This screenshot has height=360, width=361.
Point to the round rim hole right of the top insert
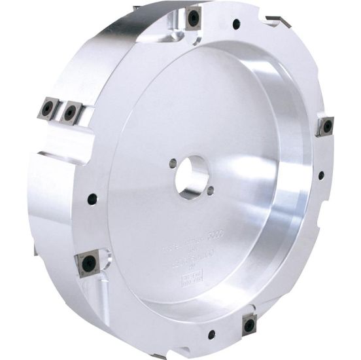pos(236,24)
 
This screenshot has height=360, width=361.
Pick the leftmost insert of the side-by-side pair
pos(48,108)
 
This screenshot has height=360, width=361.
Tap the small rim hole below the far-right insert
pos(320,175)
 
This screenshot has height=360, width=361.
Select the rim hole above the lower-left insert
pos(91,197)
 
